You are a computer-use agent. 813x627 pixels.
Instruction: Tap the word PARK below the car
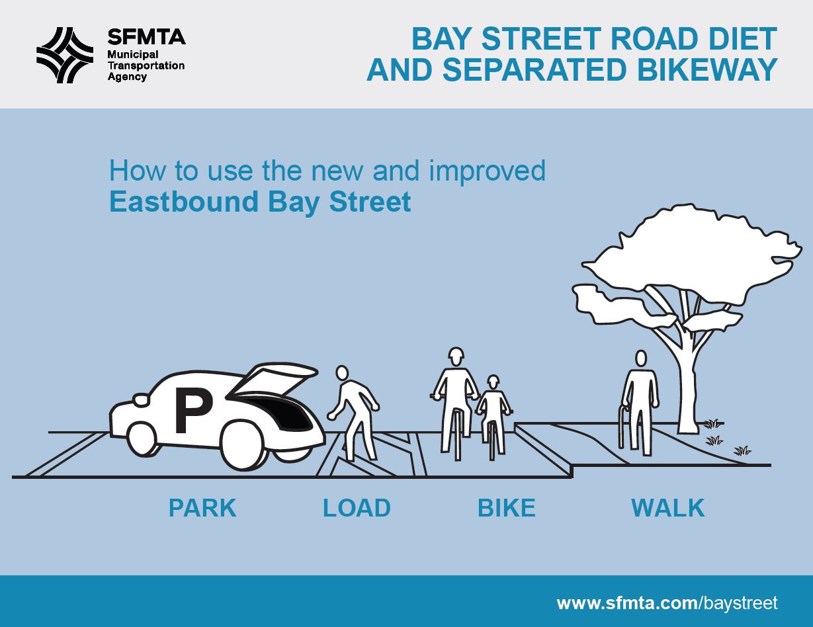tap(202, 508)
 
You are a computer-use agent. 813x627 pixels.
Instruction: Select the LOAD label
tap(357, 508)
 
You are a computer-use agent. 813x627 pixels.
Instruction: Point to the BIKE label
tap(506, 508)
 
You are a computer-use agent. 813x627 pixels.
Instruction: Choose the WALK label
tap(667, 508)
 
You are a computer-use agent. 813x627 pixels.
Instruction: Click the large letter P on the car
tap(193, 411)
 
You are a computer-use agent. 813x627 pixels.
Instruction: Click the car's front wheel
tap(140, 438)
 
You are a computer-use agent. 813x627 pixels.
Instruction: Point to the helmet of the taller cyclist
tap(454, 355)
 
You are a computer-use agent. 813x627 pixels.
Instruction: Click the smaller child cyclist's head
tap(493, 382)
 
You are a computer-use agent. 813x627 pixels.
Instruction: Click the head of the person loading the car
tap(342, 374)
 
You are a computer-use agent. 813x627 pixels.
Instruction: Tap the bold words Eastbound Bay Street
tap(260, 202)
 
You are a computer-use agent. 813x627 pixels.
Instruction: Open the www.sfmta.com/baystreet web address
tap(667, 603)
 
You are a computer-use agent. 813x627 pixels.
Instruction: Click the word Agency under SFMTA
tap(127, 77)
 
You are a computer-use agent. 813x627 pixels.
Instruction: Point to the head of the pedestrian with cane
tap(640, 358)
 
